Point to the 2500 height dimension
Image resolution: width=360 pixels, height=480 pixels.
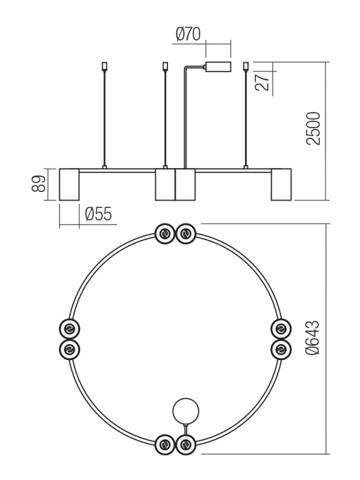pos(313,128)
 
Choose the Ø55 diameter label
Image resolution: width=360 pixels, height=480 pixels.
pos(98,214)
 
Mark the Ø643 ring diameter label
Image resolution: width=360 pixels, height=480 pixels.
pos(313,339)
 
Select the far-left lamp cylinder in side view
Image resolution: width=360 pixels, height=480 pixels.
pos(70,184)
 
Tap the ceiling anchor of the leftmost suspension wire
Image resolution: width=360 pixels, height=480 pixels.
pos(104,67)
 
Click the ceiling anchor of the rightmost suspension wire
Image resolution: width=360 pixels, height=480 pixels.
pos(245,67)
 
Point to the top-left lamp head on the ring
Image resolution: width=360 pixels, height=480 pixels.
pos(165,235)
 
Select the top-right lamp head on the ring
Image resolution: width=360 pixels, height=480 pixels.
pos(185,235)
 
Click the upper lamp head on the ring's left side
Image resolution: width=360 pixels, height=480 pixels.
pos(69,328)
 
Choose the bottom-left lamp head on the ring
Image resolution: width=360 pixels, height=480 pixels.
pos(165,445)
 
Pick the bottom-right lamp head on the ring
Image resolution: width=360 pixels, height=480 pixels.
pos(185,445)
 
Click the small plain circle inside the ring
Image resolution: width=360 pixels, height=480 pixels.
pos(185,411)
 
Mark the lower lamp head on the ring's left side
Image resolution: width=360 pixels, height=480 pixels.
pos(69,350)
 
